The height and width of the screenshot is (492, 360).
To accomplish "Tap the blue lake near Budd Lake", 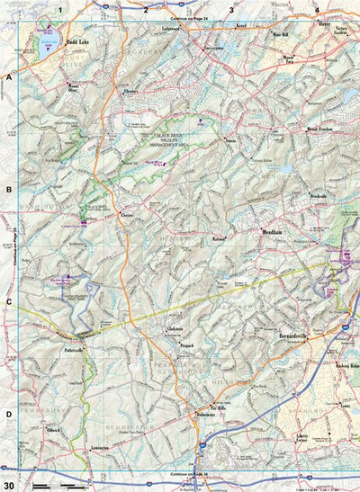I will [46, 40].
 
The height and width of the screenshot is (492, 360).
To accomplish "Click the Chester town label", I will [127, 217].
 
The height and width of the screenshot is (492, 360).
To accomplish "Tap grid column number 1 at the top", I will [59, 10].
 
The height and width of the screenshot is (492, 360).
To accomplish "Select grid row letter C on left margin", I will [8, 302].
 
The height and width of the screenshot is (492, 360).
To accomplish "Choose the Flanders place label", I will [131, 91].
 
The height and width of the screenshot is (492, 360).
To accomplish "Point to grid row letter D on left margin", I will [8, 388].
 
